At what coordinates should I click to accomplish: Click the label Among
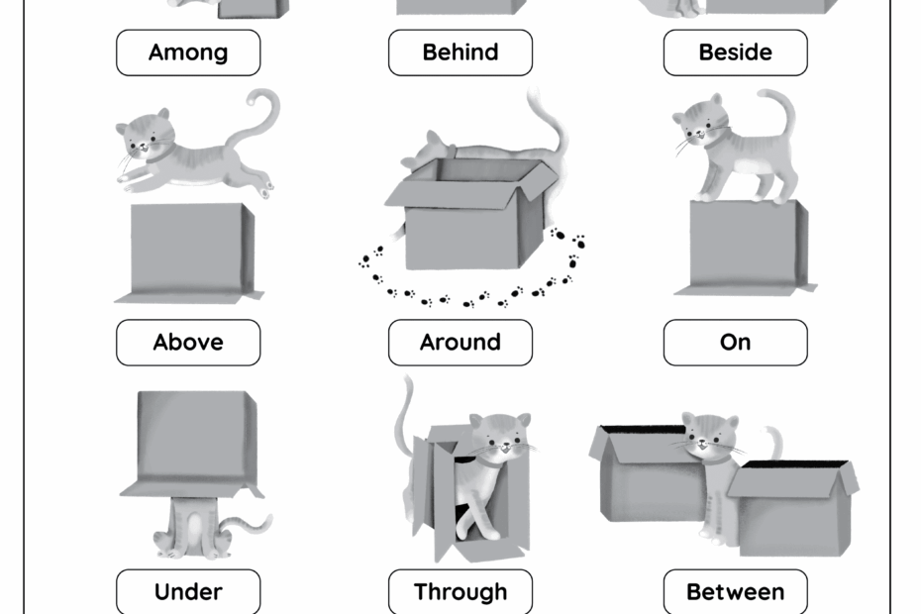point(188,52)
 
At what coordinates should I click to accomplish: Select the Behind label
point(460,52)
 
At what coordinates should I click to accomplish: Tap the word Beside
point(735,52)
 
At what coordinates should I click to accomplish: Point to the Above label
point(188,343)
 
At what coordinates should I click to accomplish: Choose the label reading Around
point(460,343)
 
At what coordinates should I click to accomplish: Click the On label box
point(735,343)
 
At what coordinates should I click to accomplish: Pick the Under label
point(188,592)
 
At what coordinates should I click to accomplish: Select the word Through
point(460,592)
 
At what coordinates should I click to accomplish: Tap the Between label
point(735,592)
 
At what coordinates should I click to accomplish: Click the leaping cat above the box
point(188,153)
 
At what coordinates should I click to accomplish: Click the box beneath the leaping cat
point(188,252)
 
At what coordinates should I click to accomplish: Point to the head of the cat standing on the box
point(699,121)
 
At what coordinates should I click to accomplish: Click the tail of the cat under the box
point(254,523)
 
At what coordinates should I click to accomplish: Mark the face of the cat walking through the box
point(501,437)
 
